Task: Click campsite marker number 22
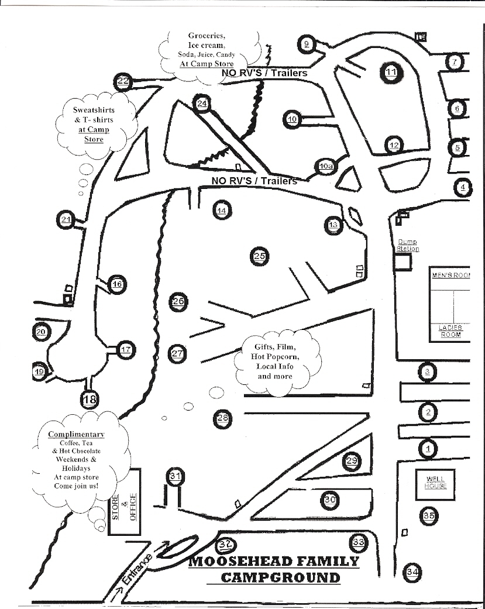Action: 123,81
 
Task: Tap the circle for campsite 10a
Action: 326,166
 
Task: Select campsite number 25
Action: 260,256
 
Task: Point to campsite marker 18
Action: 90,400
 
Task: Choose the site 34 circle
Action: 413,571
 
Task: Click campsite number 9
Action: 308,44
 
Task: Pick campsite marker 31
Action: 176,476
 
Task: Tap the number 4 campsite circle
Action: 463,187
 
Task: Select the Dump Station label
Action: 408,245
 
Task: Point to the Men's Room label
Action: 450,275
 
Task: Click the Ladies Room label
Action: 450,331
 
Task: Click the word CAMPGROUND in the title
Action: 280,577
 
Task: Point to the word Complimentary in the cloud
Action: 77,434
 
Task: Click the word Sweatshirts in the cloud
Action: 94,110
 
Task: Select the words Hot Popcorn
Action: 275,356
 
